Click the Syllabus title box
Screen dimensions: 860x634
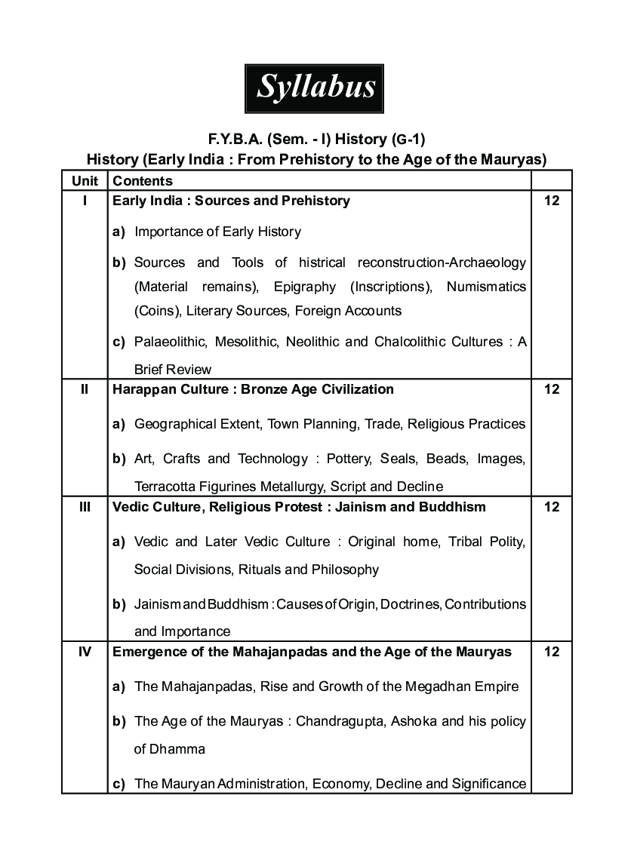point(315,88)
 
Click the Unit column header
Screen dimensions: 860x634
point(85,181)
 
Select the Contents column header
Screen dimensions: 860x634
point(143,181)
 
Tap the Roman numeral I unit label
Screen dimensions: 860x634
point(85,201)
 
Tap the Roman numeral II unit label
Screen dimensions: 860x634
point(85,389)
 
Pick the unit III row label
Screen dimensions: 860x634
point(85,507)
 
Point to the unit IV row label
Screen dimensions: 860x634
point(85,652)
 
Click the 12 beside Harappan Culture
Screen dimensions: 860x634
point(551,389)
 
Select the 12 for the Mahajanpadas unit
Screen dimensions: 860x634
point(551,652)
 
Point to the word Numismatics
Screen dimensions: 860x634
point(486,287)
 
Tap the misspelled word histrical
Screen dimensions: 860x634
point(322,263)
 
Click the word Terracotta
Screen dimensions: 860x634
point(166,486)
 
